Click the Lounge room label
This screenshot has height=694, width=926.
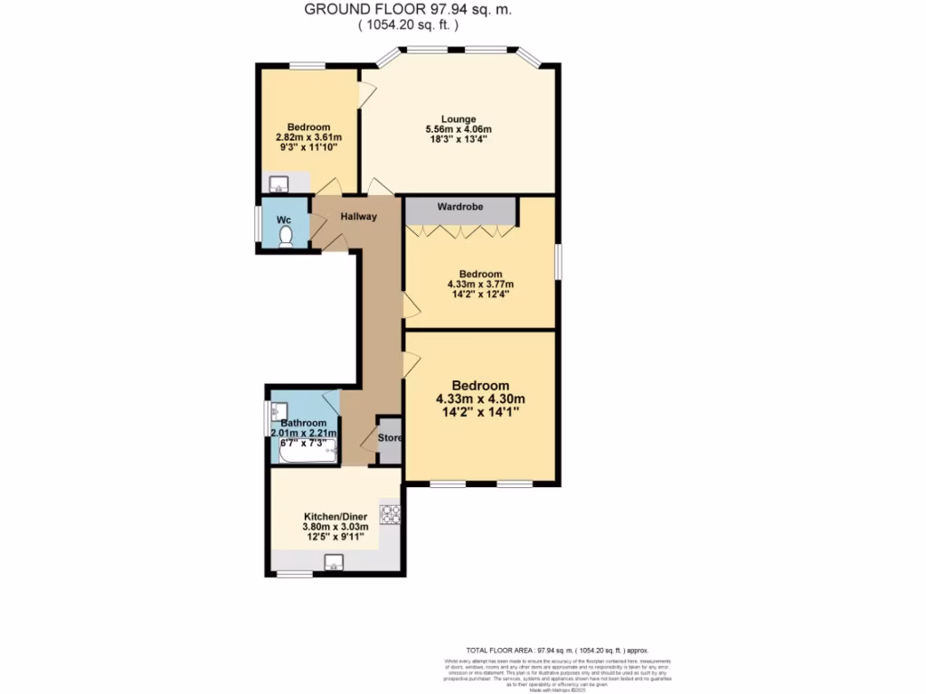(x=458, y=118)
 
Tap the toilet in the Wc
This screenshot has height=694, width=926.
(x=287, y=236)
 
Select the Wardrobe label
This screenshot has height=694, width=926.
(x=460, y=207)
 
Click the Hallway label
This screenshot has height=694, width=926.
(x=358, y=217)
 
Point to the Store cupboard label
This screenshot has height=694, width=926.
(x=390, y=438)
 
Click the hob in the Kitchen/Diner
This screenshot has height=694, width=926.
(x=391, y=514)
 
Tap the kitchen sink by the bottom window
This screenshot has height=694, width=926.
(x=333, y=563)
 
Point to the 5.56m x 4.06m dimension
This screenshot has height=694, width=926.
(x=458, y=130)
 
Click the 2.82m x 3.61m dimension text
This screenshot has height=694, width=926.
(x=308, y=138)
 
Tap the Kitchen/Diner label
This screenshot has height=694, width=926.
(x=335, y=516)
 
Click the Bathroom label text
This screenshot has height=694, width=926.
(x=303, y=423)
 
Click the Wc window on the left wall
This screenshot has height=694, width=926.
(x=259, y=223)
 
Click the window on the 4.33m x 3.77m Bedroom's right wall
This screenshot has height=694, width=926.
(x=556, y=263)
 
